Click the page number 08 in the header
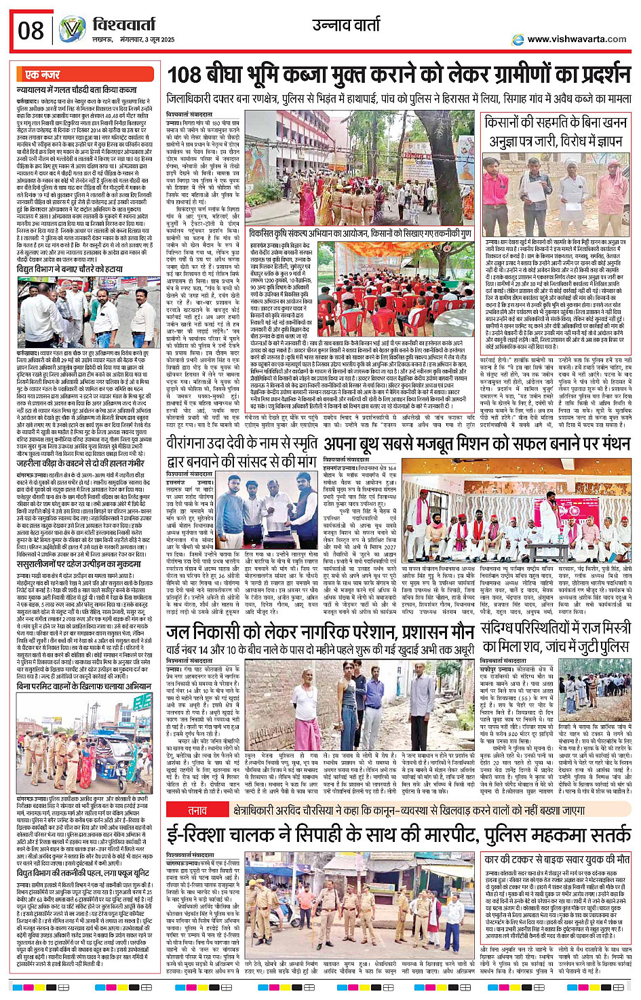[x=31, y=31]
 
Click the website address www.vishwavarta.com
[x=577, y=39]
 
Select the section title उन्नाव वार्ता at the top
[x=347, y=25]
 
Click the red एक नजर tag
[x=42, y=75]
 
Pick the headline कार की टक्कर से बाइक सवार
[x=558, y=859]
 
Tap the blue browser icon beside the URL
[x=518, y=40]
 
